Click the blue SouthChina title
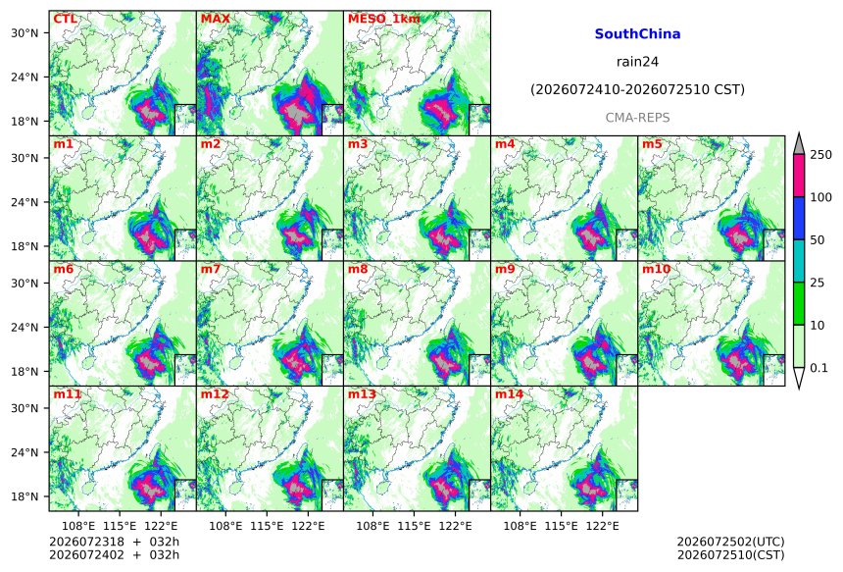637,34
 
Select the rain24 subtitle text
637,62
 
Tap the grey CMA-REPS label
637,118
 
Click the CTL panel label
65,19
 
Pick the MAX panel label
215,19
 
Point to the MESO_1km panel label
384,19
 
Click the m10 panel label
656,269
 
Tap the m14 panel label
509,393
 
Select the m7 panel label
211,269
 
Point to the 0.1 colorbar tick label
818,368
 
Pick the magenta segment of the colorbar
799,176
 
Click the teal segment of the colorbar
799,260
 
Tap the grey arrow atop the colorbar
799,143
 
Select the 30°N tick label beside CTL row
25,33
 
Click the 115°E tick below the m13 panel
414,526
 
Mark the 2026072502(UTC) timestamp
730,542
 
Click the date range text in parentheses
637,89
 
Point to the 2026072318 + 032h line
114,542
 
